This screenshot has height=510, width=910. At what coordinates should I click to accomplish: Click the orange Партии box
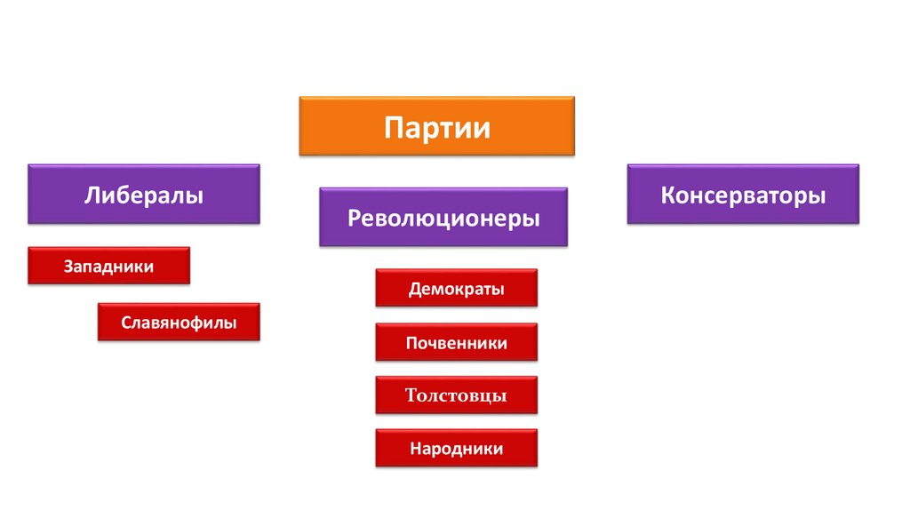point(436,126)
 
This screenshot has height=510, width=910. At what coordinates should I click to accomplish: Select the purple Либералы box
point(144,193)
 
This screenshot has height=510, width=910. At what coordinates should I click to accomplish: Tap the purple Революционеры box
point(443,217)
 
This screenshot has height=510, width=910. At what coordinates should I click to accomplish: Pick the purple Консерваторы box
point(743,193)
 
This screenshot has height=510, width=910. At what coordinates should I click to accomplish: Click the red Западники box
point(108,266)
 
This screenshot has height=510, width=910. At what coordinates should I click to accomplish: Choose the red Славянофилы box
point(179,322)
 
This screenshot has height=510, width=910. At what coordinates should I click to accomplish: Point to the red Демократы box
point(457,289)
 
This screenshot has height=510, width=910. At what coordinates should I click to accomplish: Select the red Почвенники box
point(457,342)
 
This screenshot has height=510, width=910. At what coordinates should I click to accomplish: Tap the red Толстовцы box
point(457,395)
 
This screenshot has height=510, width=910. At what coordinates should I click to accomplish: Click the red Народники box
point(457,449)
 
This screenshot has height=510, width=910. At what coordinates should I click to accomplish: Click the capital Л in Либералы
point(92,195)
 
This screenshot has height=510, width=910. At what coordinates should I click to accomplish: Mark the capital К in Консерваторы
point(667,195)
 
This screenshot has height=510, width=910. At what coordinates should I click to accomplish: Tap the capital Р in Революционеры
point(355,218)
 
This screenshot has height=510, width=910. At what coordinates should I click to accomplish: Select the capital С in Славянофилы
point(127,323)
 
